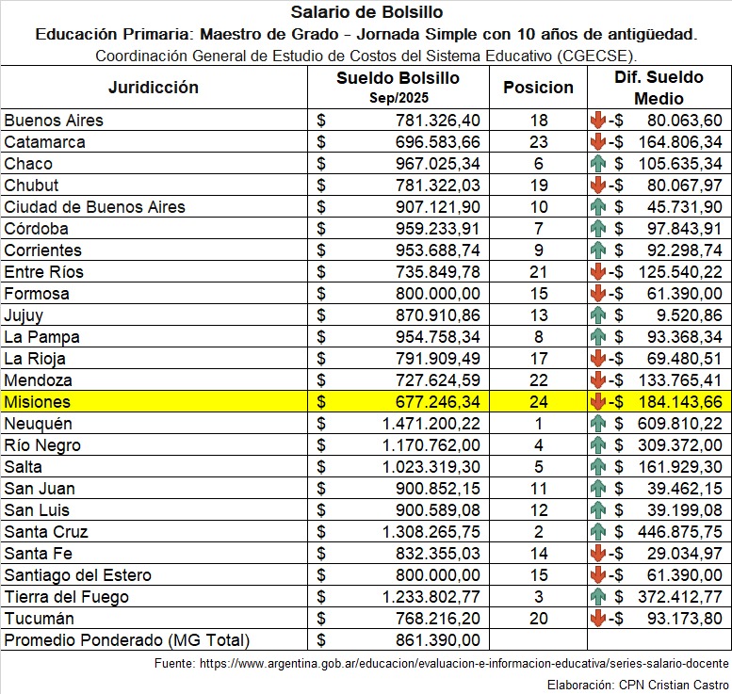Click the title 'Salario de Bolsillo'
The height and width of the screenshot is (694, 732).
click(x=366, y=12)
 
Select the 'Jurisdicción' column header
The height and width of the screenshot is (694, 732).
click(x=154, y=88)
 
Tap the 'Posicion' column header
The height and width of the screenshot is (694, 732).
click(x=538, y=88)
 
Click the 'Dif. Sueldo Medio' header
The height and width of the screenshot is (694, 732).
click(x=659, y=88)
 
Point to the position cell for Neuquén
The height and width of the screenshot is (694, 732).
click(x=538, y=424)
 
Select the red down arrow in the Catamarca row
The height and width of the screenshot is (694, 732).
click(x=597, y=142)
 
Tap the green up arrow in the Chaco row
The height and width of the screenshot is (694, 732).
click(x=597, y=164)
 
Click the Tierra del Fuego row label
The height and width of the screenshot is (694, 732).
click(x=67, y=597)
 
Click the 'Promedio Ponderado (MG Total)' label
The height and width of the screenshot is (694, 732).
click(x=126, y=640)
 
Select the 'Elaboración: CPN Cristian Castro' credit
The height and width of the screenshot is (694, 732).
click(x=636, y=684)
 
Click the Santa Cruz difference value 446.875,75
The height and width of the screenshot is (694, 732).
click(x=678, y=532)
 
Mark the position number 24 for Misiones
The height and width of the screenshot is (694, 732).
click(x=538, y=402)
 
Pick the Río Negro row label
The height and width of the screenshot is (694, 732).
click(x=42, y=445)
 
